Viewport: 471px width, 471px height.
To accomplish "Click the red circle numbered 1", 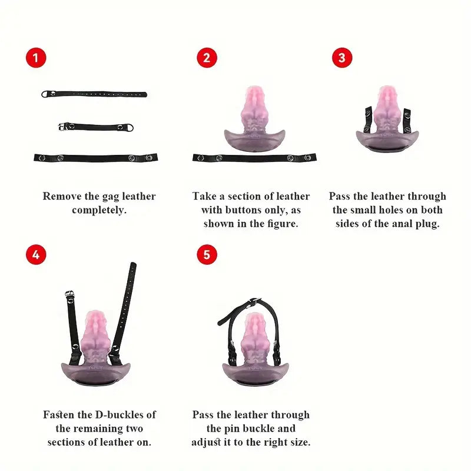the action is pos(36,58).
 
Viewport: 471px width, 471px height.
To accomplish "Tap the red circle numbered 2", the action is pos(207,58).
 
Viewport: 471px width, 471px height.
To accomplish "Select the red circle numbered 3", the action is pos(342,58).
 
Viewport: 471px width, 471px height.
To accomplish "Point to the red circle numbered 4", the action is pos(36,254).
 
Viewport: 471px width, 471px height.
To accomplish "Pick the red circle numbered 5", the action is pos(207,254).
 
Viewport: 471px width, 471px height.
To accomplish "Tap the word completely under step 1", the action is pos(99,210).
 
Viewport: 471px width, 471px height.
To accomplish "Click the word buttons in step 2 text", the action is pos(243,210).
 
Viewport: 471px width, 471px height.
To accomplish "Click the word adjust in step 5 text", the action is pos(206,443).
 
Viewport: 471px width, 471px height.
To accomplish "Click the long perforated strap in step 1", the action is pos(94,94).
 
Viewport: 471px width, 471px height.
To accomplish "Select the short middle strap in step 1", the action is pos(96,127).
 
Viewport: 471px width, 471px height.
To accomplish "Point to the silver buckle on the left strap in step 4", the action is pos(69,294).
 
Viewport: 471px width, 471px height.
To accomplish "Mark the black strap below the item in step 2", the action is pos(254,158).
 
